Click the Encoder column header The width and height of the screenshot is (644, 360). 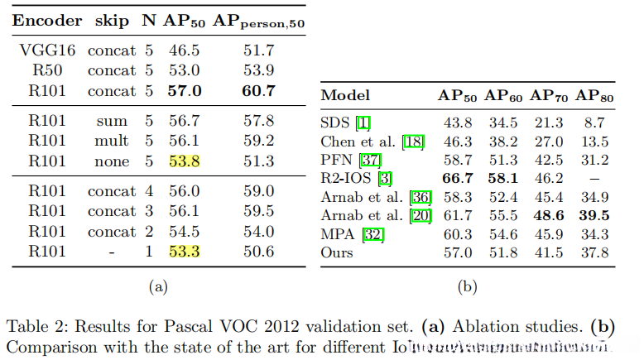[47, 21]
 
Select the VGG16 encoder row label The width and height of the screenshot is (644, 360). [47, 51]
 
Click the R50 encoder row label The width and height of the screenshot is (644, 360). [47, 71]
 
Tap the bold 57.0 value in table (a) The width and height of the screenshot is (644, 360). [185, 91]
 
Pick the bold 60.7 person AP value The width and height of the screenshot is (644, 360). [260, 91]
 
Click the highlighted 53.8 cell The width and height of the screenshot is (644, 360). [185, 161]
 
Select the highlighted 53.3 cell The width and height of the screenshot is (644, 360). [185, 252]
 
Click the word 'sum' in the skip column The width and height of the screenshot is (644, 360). [112, 122]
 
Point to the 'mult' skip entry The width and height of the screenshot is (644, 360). [112, 142]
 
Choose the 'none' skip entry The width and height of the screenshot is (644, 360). [112, 161]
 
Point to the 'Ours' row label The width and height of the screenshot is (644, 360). [336, 252]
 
